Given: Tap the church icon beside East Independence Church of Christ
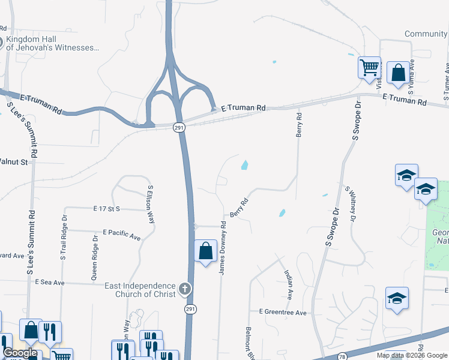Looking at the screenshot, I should coord(185,289).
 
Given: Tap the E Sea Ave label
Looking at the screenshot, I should coord(49,282).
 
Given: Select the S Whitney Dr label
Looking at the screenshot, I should coord(349,206).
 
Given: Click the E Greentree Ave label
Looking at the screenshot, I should coord(282,313).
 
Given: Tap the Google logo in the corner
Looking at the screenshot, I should coord(19,353).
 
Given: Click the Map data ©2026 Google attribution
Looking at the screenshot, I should coord(412,355).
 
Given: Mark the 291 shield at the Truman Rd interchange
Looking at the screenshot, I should coord(179,127).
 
